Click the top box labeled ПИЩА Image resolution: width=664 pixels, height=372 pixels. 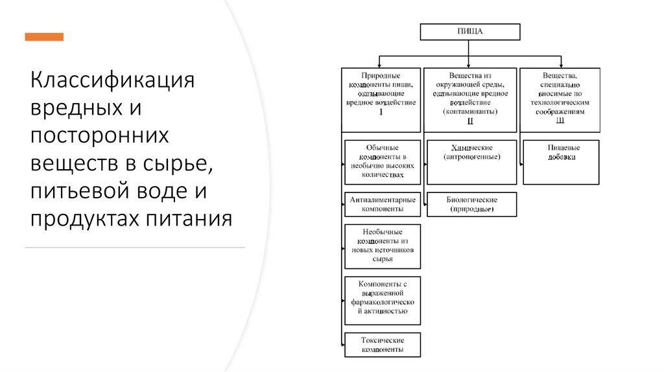(470, 31)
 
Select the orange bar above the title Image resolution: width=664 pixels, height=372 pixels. (44, 37)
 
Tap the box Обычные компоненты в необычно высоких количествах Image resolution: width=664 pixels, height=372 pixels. (383, 161)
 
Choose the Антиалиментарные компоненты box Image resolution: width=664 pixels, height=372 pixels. (383, 204)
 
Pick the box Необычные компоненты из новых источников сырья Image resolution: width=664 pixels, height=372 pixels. (383, 246)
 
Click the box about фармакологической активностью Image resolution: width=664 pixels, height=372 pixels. (383, 300)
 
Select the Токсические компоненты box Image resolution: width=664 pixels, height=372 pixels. (383, 344)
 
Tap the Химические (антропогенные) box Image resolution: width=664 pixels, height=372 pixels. (471, 161)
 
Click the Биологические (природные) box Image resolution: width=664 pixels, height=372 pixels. (471, 204)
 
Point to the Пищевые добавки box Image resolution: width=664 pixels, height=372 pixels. (560, 161)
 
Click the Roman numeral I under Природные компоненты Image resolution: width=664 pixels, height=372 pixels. (381, 112)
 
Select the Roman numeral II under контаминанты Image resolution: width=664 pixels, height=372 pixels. (470, 121)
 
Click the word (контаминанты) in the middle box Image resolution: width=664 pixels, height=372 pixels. (470, 111)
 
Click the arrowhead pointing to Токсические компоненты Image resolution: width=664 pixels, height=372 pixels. (342, 344)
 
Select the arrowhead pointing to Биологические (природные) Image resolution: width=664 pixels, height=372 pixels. (425, 204)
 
